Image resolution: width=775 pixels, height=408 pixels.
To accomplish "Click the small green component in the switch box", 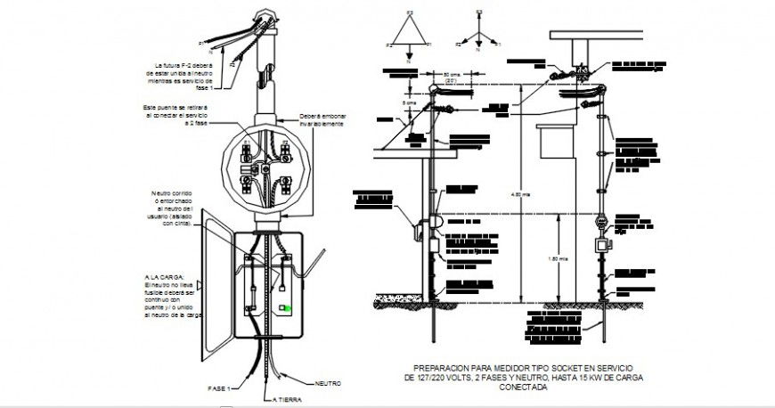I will tap(284, 309).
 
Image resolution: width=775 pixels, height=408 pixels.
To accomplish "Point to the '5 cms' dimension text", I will tap(408, 102).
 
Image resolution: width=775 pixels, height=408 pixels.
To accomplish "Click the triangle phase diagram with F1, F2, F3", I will tap(408, 37).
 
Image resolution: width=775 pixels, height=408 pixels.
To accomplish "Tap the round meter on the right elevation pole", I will tap(602, 221).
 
